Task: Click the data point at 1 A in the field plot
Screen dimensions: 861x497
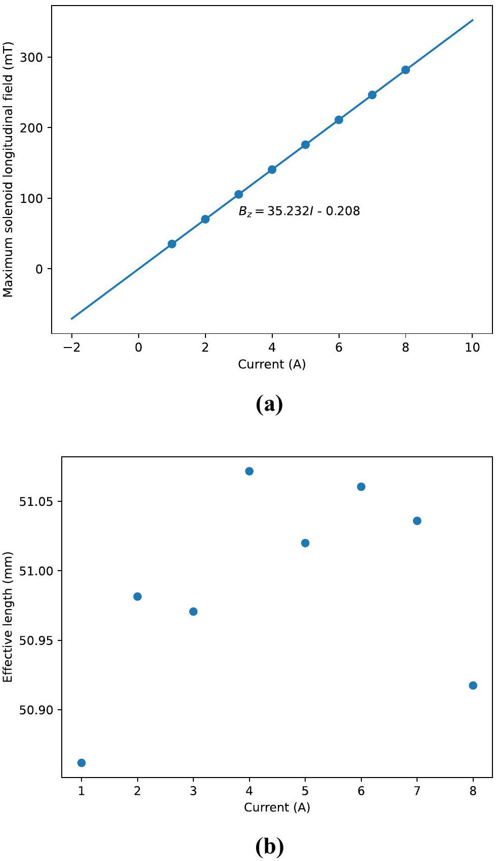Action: tap(172, 244)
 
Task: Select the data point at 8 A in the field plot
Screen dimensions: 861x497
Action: tap(405, 70)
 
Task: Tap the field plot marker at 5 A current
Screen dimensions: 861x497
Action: tap(305, 145)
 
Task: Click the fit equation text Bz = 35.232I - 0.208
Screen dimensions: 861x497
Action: tap(299, 211)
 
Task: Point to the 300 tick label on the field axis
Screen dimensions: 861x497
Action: tap(31, 57)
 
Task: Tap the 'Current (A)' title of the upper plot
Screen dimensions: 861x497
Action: tap(272, 364)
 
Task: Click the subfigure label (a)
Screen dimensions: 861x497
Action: tap(269, 404)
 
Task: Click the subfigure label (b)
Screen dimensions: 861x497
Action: tap(269, 847)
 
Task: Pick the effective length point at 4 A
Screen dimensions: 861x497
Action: tap(249, 471)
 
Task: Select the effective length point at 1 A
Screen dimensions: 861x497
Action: tap(81, 763)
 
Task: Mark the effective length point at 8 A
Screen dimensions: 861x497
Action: tap(473, 685)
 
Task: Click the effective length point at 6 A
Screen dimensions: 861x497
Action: tap(361, 487)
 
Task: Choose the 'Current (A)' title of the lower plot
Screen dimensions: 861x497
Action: tap(277, 807)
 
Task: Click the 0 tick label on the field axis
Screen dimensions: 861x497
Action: tap(39, 269)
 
